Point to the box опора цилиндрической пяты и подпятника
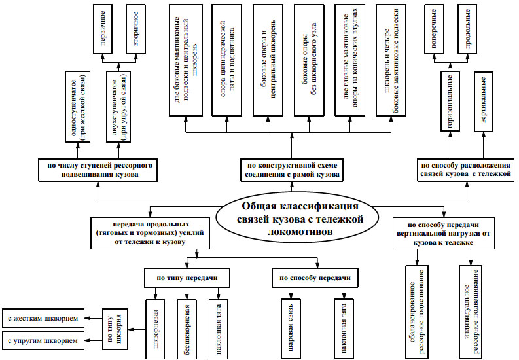[x=226, y=60]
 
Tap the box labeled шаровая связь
[x=290, y=327]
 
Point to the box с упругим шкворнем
[x=43, y=340]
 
